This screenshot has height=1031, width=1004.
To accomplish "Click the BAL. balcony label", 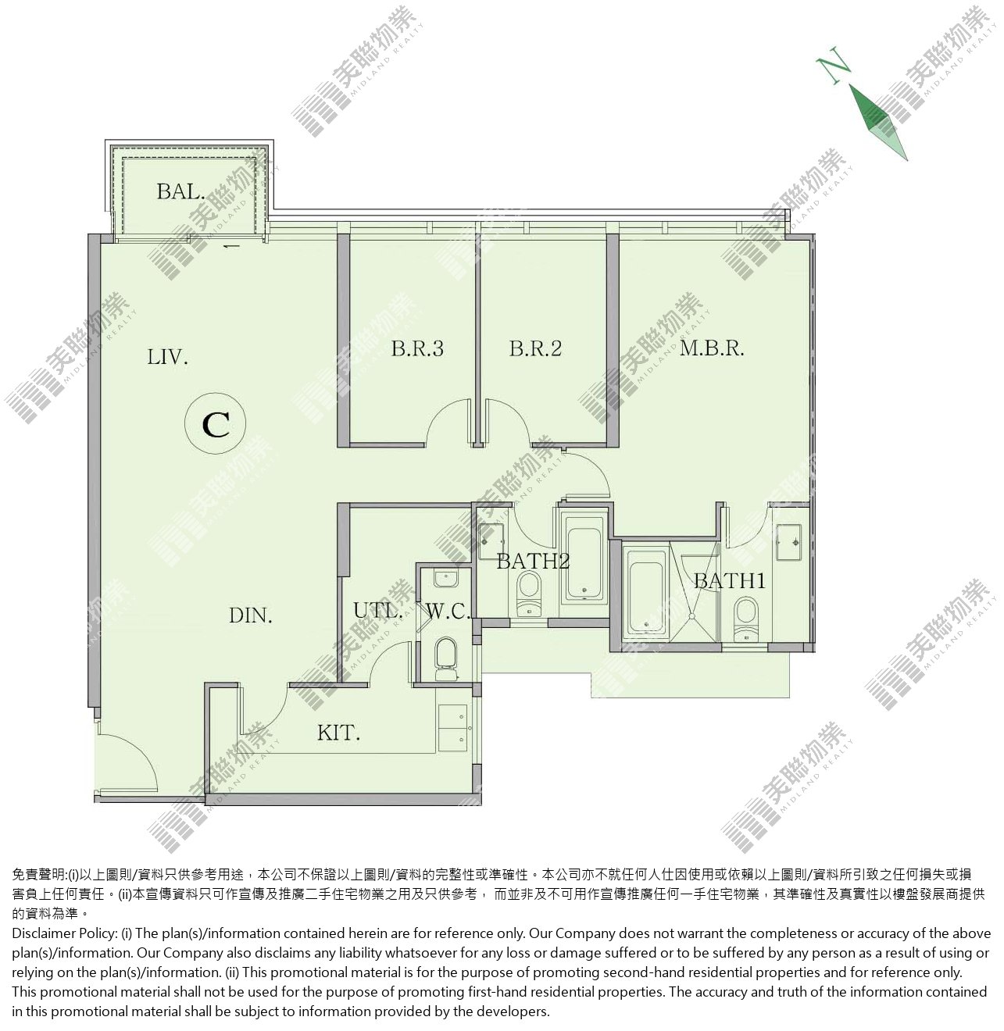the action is (x=180, y=192).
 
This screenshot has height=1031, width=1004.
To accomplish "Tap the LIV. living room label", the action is (x=167, y=358).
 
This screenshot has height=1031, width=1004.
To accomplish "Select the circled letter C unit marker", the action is (x=215, y=424).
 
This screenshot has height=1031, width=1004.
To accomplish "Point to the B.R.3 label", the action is (x=417, y=348).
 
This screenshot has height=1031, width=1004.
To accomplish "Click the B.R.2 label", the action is (x=535, y=348).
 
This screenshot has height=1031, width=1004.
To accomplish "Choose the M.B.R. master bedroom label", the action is (x=712, y=348).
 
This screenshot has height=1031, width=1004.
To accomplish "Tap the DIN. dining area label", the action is (x=251, y=615).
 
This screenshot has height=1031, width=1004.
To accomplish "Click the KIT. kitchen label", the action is (x=339, y=733).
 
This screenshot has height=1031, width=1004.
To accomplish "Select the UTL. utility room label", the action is (x=377, y=611).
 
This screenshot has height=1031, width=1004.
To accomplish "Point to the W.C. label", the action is (x=448, y=612).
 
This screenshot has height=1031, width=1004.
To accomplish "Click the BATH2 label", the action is (x=533, y=561).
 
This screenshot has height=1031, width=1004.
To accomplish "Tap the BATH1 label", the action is (x=730, y=581).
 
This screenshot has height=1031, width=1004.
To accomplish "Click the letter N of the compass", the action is (x=834, y=65).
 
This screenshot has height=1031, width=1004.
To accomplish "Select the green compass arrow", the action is (x=878, y=122).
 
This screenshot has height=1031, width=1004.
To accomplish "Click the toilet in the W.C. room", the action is (x=445, y=658).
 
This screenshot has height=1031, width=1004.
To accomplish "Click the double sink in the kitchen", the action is (x=452, y=728).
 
